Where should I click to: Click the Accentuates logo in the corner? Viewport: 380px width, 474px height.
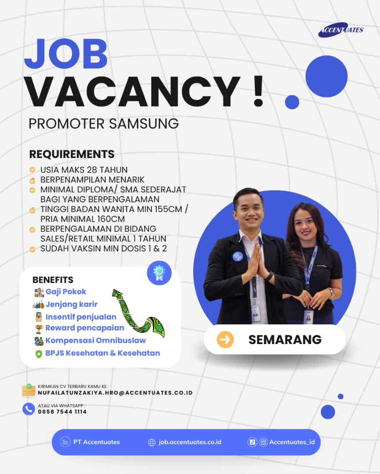click(x=341, y=30)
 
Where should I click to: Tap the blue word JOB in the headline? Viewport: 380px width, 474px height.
click(x=66, y=54)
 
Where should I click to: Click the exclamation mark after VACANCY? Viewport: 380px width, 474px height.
click(x=258, y=91)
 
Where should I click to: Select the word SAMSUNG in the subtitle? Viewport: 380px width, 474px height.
click(x=144, y=124)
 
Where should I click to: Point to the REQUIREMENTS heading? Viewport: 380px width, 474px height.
click(x=72, y=154)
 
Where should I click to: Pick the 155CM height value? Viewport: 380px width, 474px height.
click(x=168, y=209)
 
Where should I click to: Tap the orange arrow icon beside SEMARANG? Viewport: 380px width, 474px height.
click(x=225, y=339)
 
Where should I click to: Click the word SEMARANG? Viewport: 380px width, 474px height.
click(x=285, y=340)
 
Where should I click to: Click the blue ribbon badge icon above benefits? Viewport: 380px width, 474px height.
click(x=159, y=273)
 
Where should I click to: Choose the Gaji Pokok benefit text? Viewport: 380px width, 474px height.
click(x=66, y=292)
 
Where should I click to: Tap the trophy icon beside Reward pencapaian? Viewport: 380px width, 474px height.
click(x=39, y=329)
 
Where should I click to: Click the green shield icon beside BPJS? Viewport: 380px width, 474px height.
click(x=39, y=354)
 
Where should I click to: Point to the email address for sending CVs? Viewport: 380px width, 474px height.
click(x=115, y=393)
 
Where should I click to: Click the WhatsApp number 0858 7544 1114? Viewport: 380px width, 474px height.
click(x=62, y=412)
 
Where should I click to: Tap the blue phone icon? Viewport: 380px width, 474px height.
click(x=29, y=409)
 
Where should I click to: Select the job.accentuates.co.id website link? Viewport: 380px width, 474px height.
click(x=190, y=442)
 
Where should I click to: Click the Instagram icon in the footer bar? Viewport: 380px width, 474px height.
click(x=263, y=442)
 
